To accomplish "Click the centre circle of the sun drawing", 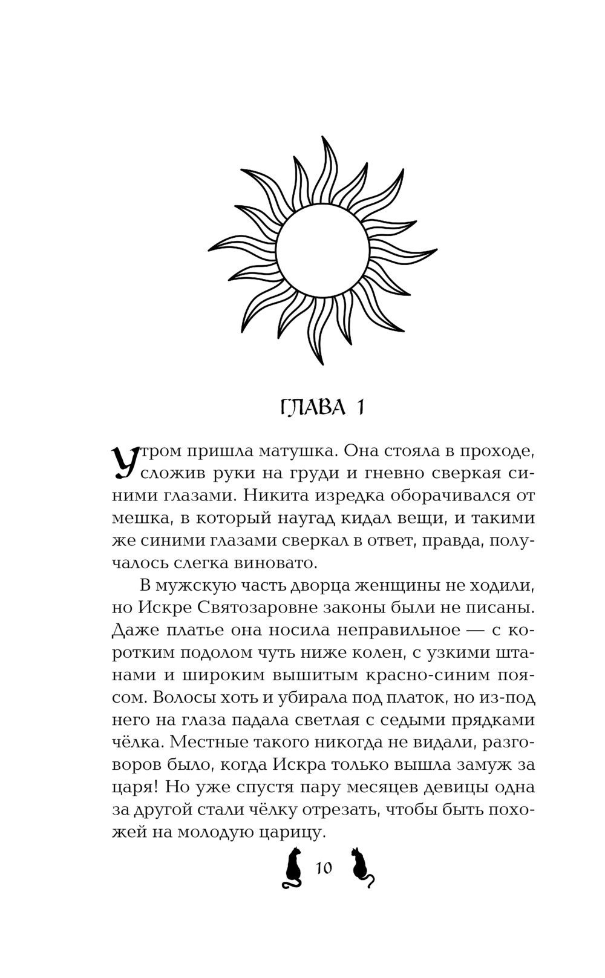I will tap(322, 251).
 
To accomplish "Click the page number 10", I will tap(324, 868).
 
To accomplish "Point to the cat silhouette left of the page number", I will tap(293, 867).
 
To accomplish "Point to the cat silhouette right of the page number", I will tap(362, 867).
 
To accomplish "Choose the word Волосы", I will tap(186, 697).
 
